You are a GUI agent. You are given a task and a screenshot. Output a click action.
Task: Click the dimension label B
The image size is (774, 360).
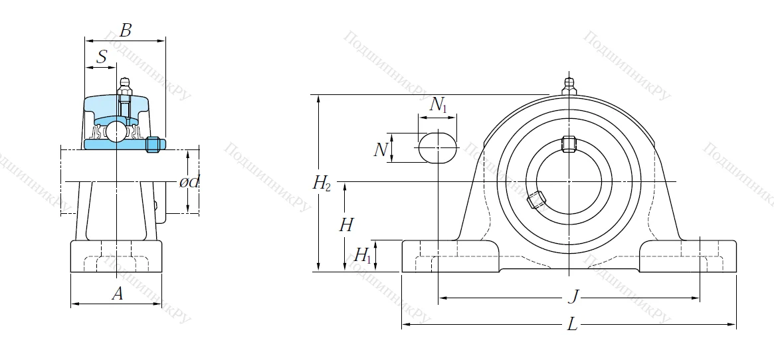click(125, 30)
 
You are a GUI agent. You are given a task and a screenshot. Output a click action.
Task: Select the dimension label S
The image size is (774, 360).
click(102, 57)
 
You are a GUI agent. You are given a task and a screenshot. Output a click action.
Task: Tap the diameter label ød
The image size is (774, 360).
click(189, 182)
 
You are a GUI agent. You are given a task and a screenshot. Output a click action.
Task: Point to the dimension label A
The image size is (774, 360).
click(117, 294)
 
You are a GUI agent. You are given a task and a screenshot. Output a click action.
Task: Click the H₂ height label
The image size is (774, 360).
click(322, 183)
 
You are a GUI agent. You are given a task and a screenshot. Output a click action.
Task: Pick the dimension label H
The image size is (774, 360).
click(345, 225)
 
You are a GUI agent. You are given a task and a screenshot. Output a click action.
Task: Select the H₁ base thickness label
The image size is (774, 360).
click(362, 255)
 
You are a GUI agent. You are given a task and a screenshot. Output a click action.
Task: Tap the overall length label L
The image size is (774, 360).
click(572, 325)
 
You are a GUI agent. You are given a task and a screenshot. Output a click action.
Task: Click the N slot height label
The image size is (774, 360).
click(380, 149)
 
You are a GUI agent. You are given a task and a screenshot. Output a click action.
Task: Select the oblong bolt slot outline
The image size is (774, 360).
click(437, 147)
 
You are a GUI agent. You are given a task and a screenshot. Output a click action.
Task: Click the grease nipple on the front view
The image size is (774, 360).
click(569, 86)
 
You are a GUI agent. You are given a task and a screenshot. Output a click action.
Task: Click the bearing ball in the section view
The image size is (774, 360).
click(117, 131)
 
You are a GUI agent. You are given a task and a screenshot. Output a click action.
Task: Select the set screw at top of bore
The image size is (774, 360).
click(569, 143)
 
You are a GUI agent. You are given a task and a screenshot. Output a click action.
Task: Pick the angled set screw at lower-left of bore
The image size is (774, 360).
click(536, 199)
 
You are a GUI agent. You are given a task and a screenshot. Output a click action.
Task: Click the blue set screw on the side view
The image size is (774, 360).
click(153, 144)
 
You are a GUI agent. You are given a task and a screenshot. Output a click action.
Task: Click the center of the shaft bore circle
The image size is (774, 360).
click(569, 181)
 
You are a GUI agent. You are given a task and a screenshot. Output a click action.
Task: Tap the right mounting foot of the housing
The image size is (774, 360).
click(688, 255)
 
